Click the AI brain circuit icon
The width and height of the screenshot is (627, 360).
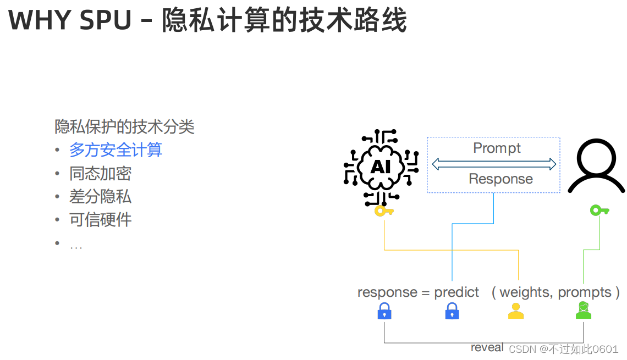[x=381, y=167]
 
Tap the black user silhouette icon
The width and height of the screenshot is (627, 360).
[x=596, y=165]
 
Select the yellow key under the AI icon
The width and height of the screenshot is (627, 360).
[x=383, y=211]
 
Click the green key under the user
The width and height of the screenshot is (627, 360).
[x=599, y=210]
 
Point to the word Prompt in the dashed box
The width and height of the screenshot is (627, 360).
[x=497, y=148]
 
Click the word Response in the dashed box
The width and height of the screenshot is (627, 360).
[x=501, y=179]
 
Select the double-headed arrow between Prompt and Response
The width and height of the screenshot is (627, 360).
[x=494, y=163]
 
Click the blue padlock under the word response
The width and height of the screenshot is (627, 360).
[x=384, y=312]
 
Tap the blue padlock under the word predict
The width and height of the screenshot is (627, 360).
[x=452, y=312]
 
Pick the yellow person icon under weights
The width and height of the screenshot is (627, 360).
[x=515, y=311]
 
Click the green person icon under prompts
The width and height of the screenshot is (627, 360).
[x=583, y=311]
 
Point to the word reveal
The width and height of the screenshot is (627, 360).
[x=487, y=347]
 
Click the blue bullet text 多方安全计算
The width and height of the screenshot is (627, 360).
[x=116, y=150]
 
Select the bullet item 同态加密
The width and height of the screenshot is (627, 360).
[x=100, y=174]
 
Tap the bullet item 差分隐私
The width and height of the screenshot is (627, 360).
[x=100, y=197]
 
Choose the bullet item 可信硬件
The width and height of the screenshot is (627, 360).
[x=100, y=220]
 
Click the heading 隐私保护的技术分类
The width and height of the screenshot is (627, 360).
[x=124, y=127]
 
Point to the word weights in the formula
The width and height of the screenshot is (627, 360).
[x=525, y=292]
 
